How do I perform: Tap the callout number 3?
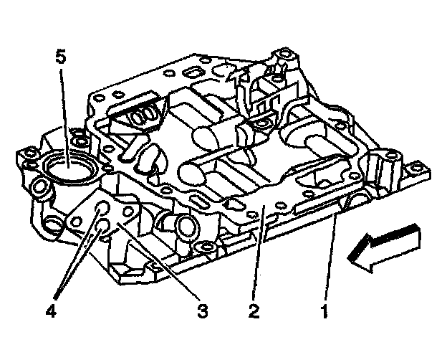[x=203, y=311]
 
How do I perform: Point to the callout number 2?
[x=253, y=311]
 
